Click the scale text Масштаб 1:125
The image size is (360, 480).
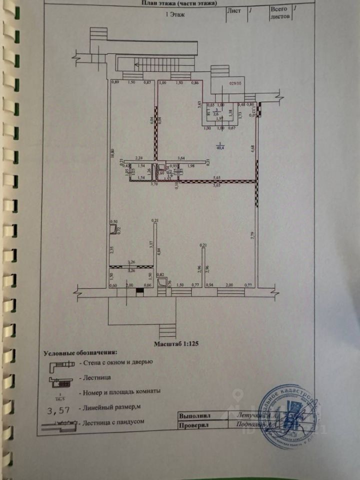pos(176,344)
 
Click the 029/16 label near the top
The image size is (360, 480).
pos(234,85)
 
